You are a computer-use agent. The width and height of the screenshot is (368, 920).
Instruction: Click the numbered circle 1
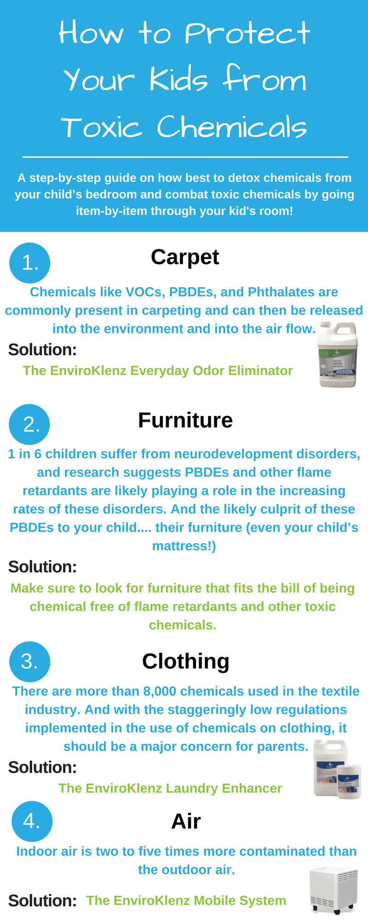click(30, 263)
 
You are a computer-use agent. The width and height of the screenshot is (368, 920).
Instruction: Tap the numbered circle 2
click(30, 424)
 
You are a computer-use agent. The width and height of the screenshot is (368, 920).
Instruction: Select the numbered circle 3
click(30, 661)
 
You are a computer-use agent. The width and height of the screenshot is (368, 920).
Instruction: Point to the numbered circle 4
click(32, 821)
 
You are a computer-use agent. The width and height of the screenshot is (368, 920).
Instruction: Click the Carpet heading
click(185, 257)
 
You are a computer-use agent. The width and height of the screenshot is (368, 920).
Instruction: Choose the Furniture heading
click(185, 420)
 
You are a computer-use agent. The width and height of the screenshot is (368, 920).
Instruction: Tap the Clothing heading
click(185, 661)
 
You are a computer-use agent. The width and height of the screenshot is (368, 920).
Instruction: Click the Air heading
click(186, 821)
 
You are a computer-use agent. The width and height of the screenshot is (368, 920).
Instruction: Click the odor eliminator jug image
click(338, 354)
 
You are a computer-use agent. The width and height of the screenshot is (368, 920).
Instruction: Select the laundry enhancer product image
click(337, 769)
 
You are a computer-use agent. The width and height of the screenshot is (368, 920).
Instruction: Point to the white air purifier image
click(333, 890)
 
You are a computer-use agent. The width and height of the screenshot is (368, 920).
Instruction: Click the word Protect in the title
click(247, 33)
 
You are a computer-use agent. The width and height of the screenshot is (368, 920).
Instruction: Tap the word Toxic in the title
click(102, 127)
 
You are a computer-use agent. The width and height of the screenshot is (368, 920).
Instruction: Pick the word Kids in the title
click(178, 79)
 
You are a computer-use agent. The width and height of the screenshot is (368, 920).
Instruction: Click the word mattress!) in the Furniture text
click(184, 546)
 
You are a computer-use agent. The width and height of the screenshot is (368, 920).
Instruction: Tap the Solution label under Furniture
click(42, 567)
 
